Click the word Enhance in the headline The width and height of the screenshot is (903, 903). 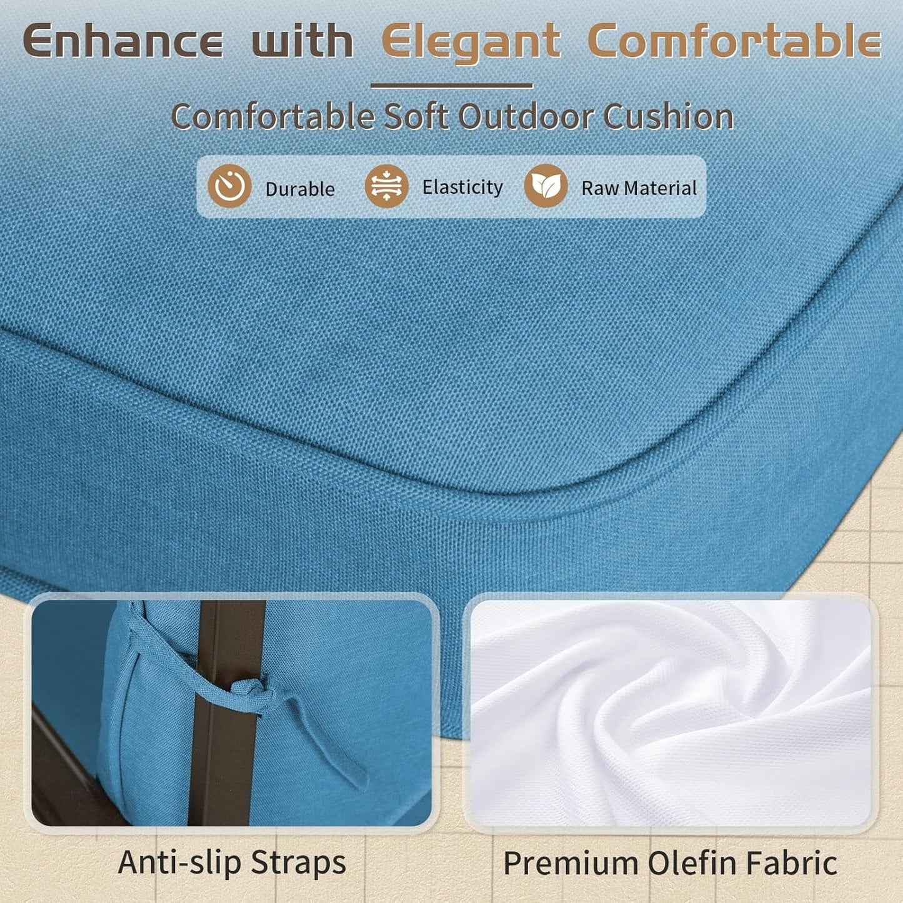click(x=123, y=41)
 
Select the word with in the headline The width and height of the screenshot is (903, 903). click(x=302, y=41)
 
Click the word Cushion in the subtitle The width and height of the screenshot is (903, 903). click(x=668, y=116)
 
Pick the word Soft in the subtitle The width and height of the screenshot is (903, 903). click(x=416, y=116)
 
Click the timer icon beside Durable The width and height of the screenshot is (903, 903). click(x=229, y=186)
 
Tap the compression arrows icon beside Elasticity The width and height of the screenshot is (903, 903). click(x=387, y=186)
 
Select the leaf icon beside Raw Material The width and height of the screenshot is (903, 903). click(x=546, y=186)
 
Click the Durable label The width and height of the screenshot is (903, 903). click(x=300, y=189)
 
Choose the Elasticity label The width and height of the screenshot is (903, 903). click(x=462, y=187)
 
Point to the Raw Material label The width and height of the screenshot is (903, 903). click(x=639, y=188)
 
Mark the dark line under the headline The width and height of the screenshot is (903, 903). click(x=452, y=86)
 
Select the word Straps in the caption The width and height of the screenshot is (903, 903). click(x=299, y=863)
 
